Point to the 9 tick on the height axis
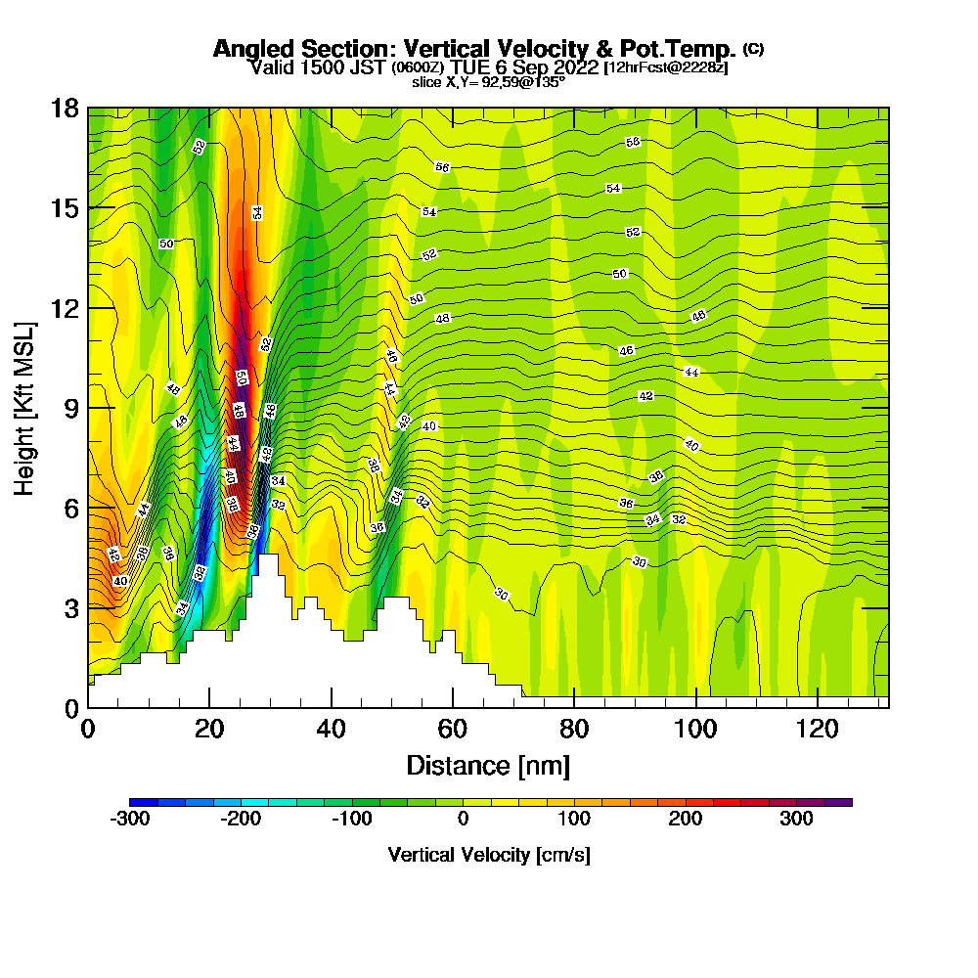click(88, 407)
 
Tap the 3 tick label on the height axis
click(71, 607)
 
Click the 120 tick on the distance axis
click(817, 706)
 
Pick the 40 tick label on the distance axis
click(332, 729)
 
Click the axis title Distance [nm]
click(488, 765)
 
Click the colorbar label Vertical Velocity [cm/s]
click(489, 855)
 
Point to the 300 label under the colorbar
click(796, 819)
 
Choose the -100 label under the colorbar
click(351, 819)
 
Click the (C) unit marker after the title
click(753, 48)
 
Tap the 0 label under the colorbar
click(463, 819)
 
